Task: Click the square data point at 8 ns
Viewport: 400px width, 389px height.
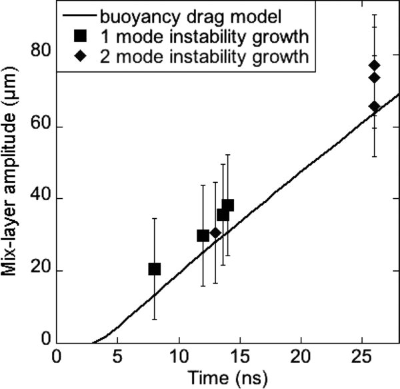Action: (x=155, y=269)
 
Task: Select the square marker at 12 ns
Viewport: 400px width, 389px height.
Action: (x=203, y=236)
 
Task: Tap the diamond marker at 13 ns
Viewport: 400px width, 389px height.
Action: (x=215, y=233)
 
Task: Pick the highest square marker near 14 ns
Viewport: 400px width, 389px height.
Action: (x=228, y=206)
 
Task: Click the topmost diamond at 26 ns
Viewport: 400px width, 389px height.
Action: (x=375, y=65)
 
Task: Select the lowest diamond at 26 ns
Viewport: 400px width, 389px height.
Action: (x=375, y=107)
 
